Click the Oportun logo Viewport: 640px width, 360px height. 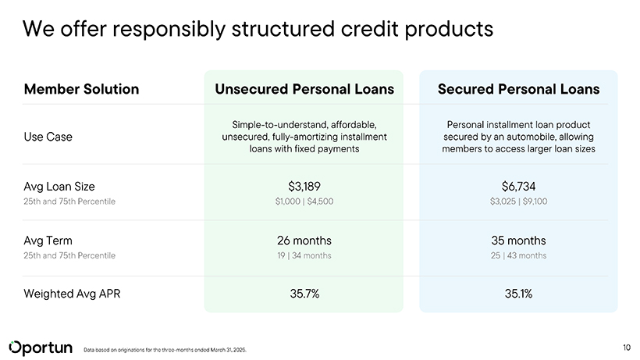pyautogui.click(x=41, y=348)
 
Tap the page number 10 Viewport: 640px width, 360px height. pyautogui.click(x=627, y=348)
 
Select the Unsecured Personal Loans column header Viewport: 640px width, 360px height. pyautogui.click(x=304, y=89)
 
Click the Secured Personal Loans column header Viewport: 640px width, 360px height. pyautogui.click(x=518, y=89)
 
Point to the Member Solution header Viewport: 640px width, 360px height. pyautogui.click(x=81, y=89)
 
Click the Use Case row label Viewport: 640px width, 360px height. pyautogui.click(x=48, y=137)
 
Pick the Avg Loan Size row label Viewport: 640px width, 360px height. pyautogui.click(x=59, y=187)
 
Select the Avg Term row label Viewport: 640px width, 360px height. pyautogui.click(x=48, y=241)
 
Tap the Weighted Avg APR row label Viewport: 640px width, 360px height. pyautogui.click(x=72, y=294)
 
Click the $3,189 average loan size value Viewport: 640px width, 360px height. pyautogui.click(x=304, y=187)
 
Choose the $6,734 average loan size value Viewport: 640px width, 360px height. pyautogui.click(x=518, y=187)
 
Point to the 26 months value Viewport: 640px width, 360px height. pyautogui.click(x=304, y=241)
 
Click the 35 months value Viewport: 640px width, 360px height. pyautogui.click(x=518, y=241)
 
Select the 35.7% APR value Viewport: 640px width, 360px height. pyautogui.click(x=304, y=294)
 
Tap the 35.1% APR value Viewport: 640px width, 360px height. pyautogui.click(x=518, y=294)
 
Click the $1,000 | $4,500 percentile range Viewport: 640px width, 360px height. pyautogui.click(x=304, y=201)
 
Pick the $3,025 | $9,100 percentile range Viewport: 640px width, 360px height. pyautogui.click(x=518, y=201)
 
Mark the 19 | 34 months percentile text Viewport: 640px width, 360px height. pyautogui.click(x=304, y=255)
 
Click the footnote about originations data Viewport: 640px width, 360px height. pyautogui.click(x=165, y=350)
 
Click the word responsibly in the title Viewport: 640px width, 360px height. pyautogui.click(x=169, y=30)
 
